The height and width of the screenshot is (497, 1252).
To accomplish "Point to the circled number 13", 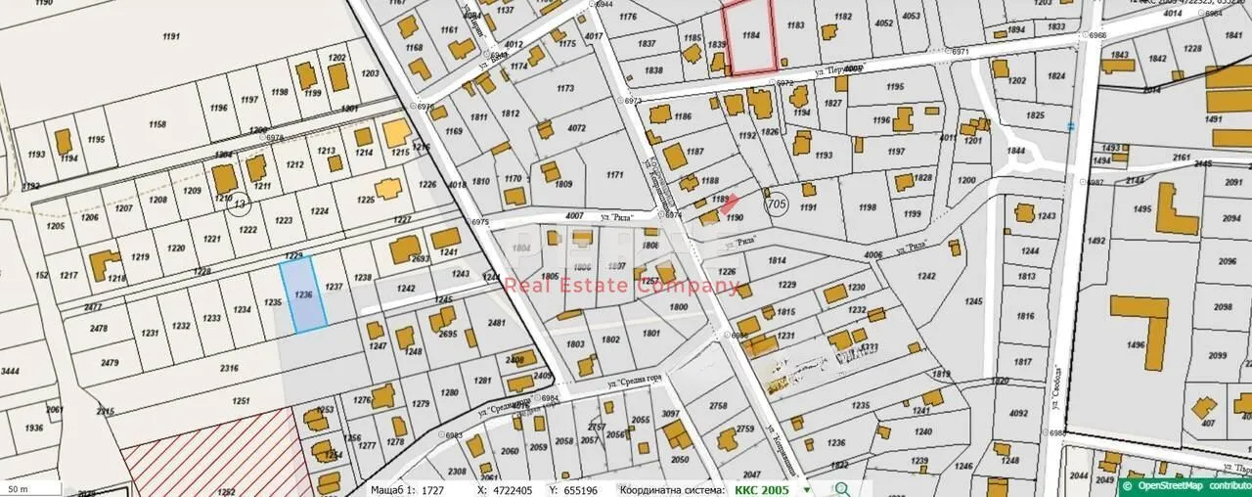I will coord(239,203).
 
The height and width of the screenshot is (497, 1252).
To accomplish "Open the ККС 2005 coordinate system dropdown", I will coord(807,489).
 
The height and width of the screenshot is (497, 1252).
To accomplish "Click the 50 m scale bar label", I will coord(18,487).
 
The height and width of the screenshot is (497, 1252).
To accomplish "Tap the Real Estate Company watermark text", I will coord(621,286).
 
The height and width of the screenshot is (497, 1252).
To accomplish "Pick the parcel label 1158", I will coord(156,125).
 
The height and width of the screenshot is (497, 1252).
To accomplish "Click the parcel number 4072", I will coord(576,127).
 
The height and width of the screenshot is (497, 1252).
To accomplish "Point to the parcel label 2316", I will coord(229,368).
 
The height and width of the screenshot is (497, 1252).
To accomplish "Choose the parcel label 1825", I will coord(1034,115).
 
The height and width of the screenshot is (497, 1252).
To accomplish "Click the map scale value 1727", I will coord(432,488).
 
